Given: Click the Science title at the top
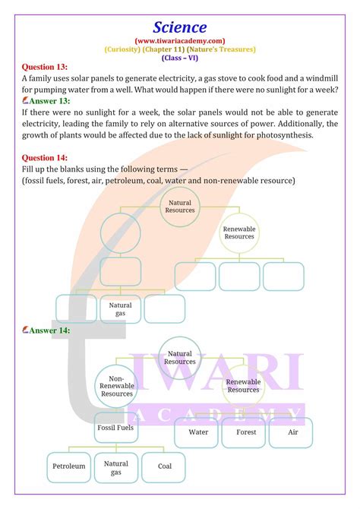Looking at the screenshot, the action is click(x=179, y=28).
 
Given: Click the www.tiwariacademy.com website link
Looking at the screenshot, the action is click(x=179, y=41).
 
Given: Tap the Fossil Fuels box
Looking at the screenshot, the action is click(x=115, y=428).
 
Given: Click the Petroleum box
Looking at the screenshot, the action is click(x=69, y=465).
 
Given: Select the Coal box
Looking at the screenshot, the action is click(x=164, y=466).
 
